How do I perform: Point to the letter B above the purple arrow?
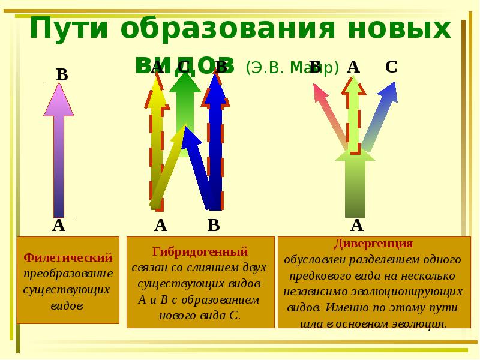coord(62,75)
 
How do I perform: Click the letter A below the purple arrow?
coord(58,226)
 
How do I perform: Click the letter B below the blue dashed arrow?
coord(214,226)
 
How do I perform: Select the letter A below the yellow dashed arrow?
coord(160,226)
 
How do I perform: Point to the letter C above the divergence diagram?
coord(391,67)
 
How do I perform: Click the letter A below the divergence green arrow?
coord(356,226)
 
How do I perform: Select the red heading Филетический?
coord(68,258)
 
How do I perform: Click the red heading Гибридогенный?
coord(200,251)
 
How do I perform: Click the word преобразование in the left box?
coord(68,274)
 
